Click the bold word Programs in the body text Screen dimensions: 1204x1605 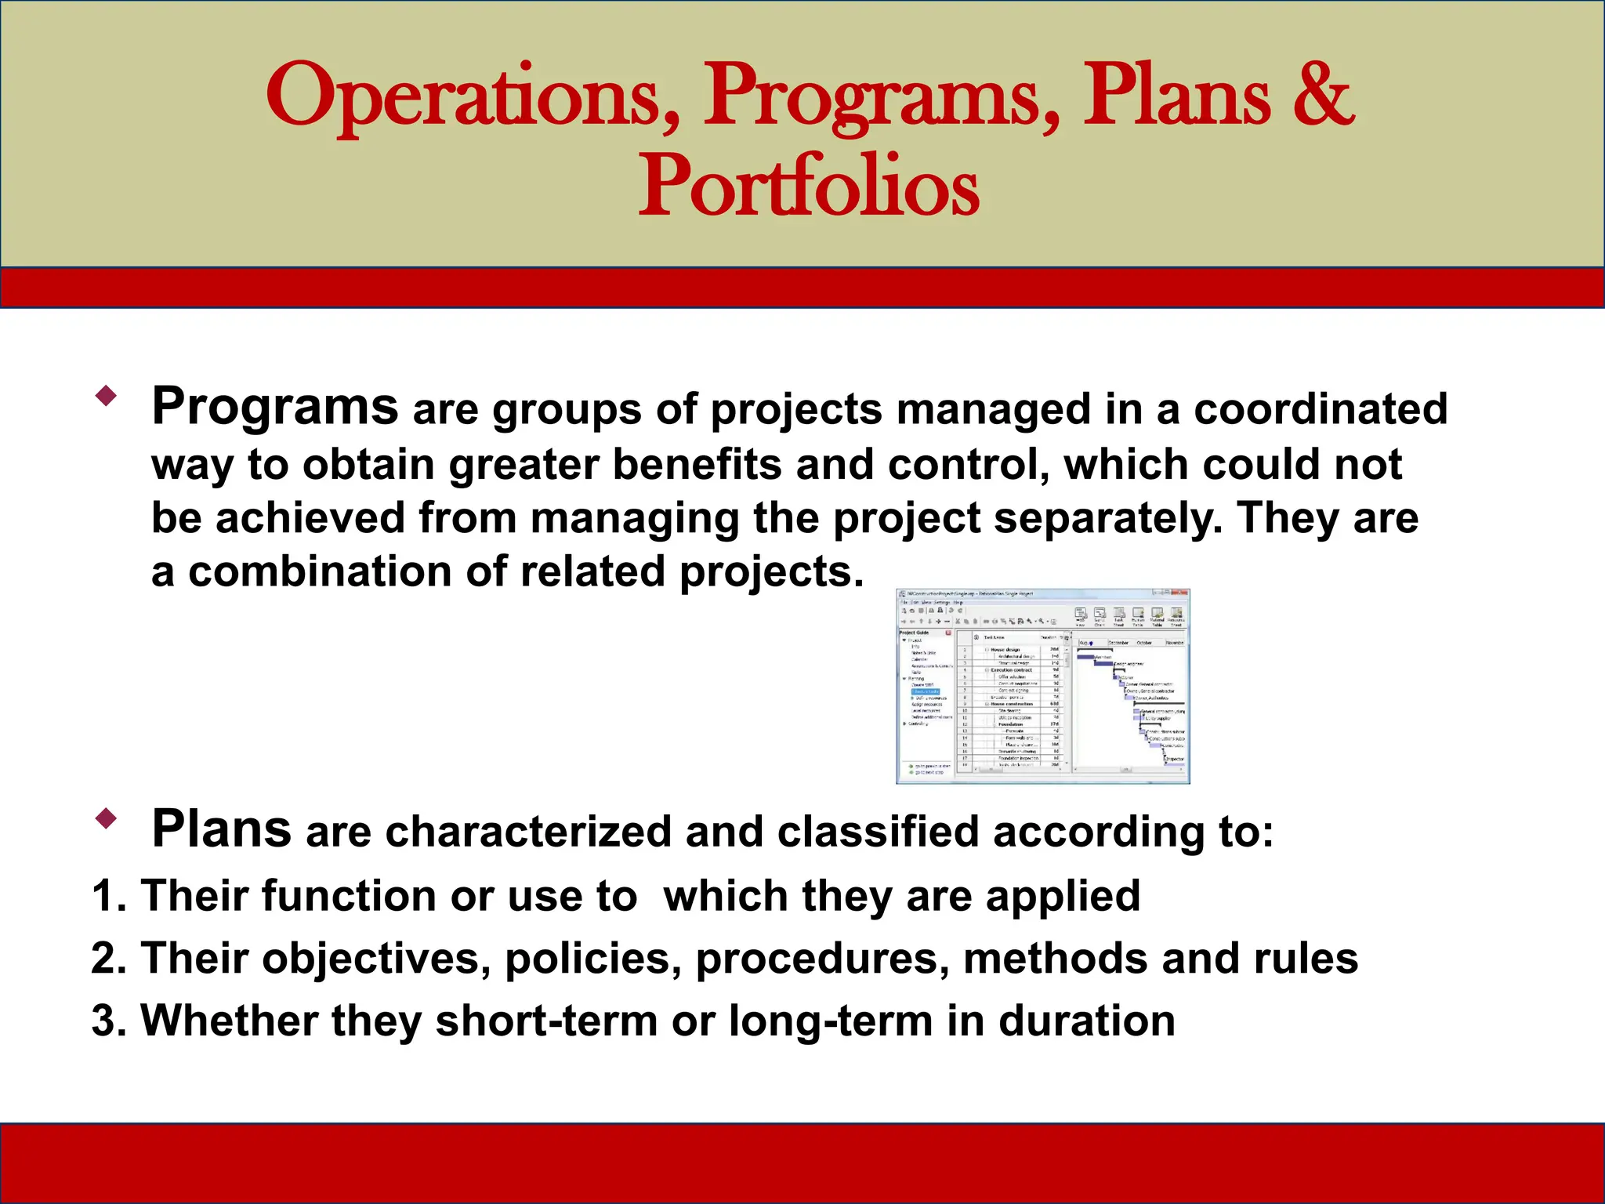[275, 408]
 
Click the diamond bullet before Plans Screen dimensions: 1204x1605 [106, 819]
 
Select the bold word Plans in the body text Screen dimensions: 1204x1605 [222, 829]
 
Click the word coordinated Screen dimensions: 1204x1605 [1320, 409]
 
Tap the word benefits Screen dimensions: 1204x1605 [697, 465]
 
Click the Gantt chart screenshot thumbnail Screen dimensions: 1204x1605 [1042, 687]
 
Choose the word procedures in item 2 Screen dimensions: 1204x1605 [822, 959]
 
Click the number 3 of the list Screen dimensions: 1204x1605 [106, 1021]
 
